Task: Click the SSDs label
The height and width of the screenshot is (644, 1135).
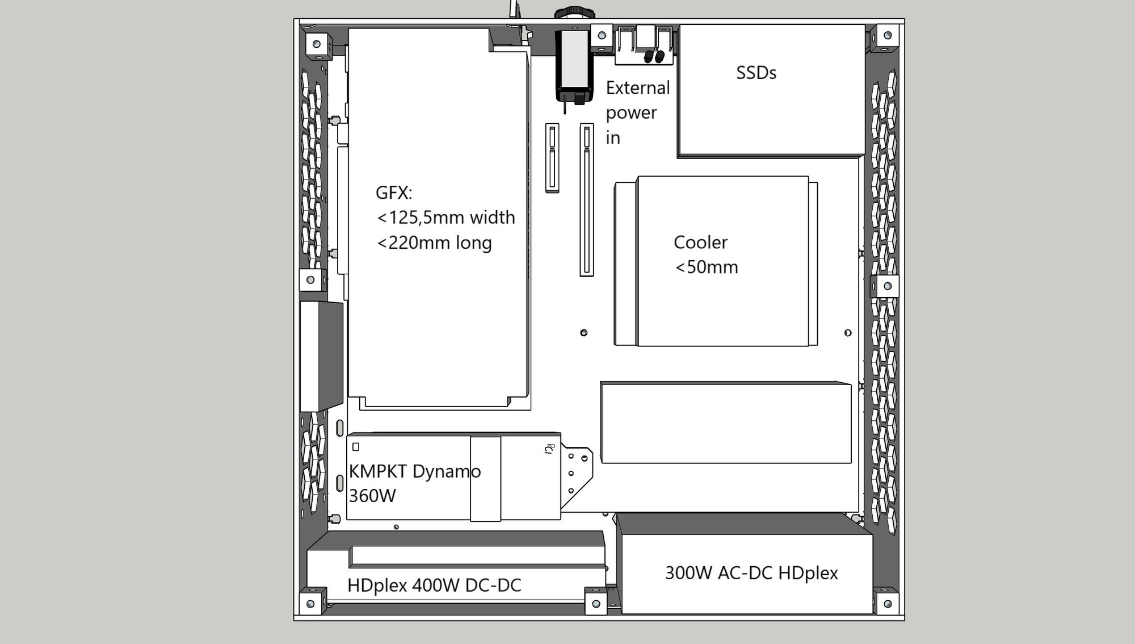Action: click(756, 73)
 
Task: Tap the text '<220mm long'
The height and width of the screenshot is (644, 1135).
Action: click(434, 243)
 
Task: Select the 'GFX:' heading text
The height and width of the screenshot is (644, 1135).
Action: click(394, 193)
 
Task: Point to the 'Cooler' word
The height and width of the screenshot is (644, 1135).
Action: click(700, 242)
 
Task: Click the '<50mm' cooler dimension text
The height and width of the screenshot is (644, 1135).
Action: click(707, 267)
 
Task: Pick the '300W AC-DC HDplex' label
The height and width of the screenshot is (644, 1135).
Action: click(751, 573)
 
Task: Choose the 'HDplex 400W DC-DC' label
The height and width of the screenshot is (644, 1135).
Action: click(434, 585)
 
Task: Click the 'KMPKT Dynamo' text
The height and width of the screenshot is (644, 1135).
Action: click(415, 471)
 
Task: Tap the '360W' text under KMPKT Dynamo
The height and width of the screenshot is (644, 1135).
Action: click(372, 496)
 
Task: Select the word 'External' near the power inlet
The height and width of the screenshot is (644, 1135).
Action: click(638, 88)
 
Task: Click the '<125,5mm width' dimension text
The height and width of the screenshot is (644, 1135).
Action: click(446, 218)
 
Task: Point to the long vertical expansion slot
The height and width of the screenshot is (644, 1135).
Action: click(587, 200)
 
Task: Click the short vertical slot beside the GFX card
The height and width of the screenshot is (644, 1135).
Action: click(552, 158)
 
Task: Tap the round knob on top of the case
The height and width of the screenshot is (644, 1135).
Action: click(574, 12)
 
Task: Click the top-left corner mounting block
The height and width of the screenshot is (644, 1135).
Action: click(317, 44)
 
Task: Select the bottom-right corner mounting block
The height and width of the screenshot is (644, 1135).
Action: click(887, 603)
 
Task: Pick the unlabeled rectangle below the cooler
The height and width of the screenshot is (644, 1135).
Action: click(726, 423)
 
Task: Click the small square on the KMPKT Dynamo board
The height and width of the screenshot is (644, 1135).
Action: click(356, 447)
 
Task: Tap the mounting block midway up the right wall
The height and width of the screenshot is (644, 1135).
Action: click(887, 286)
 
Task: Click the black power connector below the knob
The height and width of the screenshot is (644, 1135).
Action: click(574, 67)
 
